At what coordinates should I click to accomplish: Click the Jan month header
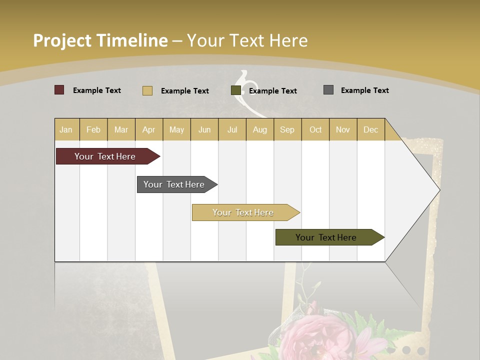coord(66,129)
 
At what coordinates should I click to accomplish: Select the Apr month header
coord(148,129)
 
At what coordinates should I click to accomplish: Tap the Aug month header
coord(259,129)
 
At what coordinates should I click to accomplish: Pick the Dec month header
coord(370,129)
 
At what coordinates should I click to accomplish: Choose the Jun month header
coord(204,129)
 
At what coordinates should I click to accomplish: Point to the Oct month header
coord(315,129)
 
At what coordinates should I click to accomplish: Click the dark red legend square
coord(59,90)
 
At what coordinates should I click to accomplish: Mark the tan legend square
coord(147,90)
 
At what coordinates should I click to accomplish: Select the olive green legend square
coord(236,90)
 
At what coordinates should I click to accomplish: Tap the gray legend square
coord(328,90)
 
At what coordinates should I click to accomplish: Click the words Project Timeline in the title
coord(100,40)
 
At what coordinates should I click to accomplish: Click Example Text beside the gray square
coord(364,90)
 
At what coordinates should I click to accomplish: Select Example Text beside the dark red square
coord(96,90)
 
